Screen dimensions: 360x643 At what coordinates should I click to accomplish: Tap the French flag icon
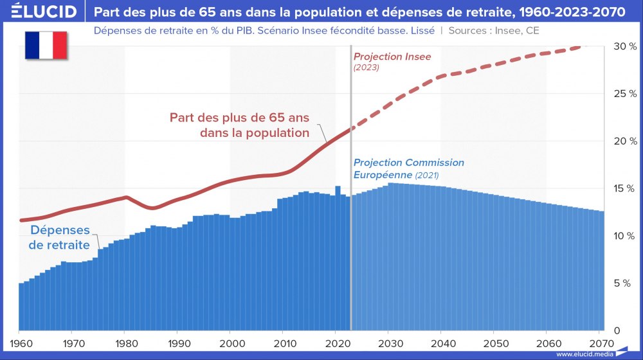coord(46,46)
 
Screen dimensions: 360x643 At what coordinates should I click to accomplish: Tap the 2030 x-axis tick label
coord(388,343)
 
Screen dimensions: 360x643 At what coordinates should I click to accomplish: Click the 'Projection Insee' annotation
coord(392,57)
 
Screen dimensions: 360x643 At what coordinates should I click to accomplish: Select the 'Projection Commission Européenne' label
coord(408,168)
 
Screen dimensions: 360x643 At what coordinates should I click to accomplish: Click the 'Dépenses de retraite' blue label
coord(60,238)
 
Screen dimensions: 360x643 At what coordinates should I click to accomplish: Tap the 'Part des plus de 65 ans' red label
coord(239,125)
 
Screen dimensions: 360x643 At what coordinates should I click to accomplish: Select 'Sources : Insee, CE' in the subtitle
coord(494,30)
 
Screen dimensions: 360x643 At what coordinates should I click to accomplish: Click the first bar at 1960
coord(21,305)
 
